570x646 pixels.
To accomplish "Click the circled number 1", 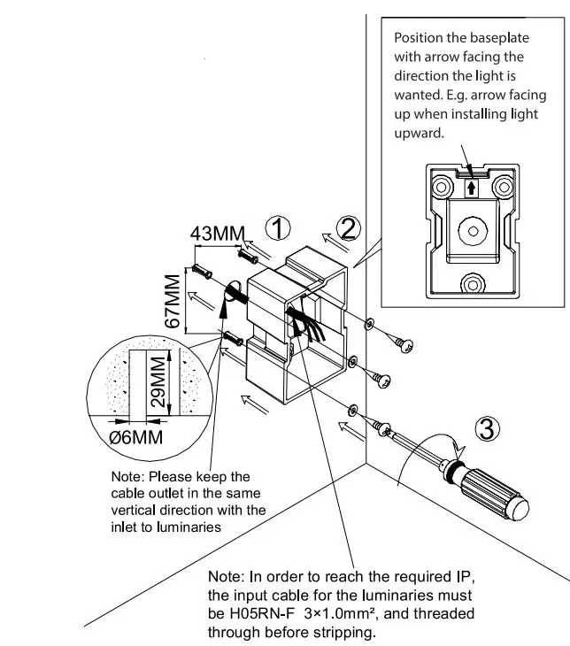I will tap(279, 229).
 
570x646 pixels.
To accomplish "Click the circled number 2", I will tap(349, 229).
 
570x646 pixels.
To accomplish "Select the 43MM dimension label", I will tap(217, 234).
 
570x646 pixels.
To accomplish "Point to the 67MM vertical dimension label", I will tap(173, 300).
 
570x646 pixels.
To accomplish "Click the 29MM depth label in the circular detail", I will tap(157, 378).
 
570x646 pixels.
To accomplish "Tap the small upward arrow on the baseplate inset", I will tap(472, 187).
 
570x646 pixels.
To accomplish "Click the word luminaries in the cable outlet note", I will tap(185, 527).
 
